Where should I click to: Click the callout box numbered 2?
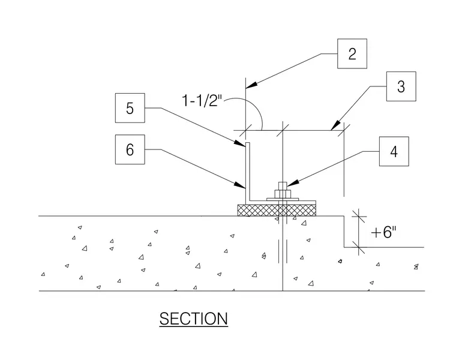[x=352, y=53]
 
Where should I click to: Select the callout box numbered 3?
[x=401, y=86]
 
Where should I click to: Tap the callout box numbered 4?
[x=394, y=151]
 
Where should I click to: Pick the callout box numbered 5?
[x=130, y=108]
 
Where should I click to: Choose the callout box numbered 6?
[x=130, y=149]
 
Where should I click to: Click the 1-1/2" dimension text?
[x=202, y=100]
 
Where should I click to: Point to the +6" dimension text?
[x=383, y=232]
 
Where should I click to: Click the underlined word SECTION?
[x=193, y=319]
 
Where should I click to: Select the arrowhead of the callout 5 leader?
[x=240, y=143]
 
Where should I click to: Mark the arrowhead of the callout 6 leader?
[x=240, y=185]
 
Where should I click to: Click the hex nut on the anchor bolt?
[x=283, y=194]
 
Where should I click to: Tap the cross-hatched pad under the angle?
[x=277, y=210]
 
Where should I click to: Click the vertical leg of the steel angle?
[x=248, y=171]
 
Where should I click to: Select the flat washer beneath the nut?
[x=283, y=199]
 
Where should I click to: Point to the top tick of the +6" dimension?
[x=359, y=216]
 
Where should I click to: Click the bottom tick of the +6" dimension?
[x=359, y=247]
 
